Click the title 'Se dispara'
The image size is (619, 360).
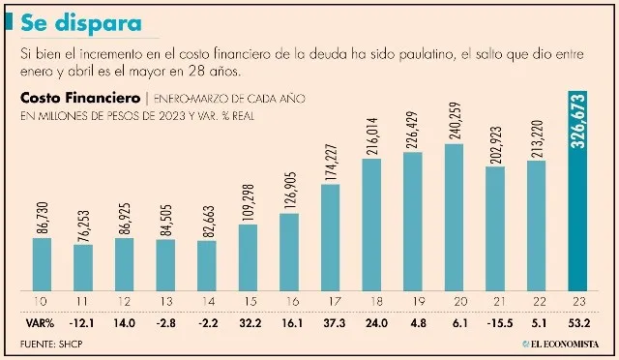coord(79,20)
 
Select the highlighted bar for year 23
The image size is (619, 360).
coord(577,190)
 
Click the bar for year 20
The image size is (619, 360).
coord(454,215)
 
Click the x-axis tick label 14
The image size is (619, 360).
coord(207,300)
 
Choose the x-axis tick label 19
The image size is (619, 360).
coord(412,300)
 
